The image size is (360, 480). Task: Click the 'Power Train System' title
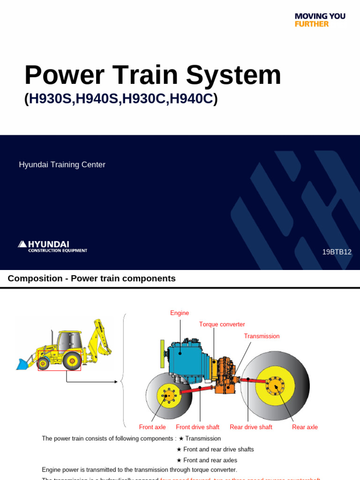[152, 75]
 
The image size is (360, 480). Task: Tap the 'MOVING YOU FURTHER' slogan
[320, 20]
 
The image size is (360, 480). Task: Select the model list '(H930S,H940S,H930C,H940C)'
[121, 99]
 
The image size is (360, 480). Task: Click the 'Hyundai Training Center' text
[62, 165]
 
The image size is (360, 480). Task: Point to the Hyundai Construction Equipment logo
[52, 247]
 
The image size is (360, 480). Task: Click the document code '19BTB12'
[337, 252]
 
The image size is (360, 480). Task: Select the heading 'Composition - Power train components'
[91, 278]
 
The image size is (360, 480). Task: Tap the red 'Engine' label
[180, 313]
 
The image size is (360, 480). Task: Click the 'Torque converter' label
[222, 324]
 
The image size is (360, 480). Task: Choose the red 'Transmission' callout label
[262, 336]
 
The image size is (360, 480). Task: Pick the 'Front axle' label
[152, 427]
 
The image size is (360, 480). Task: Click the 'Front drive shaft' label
[197, 427]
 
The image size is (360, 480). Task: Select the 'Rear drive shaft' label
[251, 427]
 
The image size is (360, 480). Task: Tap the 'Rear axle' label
[305, 427]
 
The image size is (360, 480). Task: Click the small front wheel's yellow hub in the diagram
[168, 396]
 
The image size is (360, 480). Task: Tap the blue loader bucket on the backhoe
[22, 364]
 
